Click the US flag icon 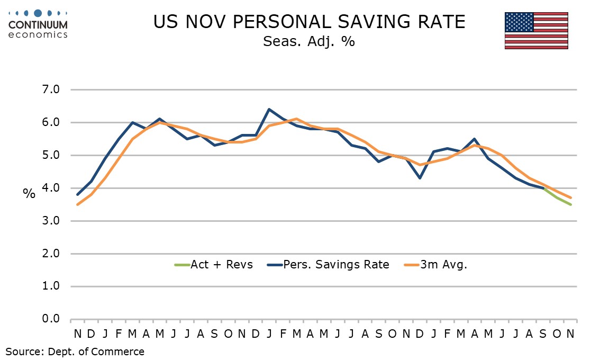(536, 30)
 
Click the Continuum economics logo (38, 24)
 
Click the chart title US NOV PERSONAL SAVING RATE (309, 22)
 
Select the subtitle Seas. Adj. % (309, 41)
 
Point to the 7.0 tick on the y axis (51, 90)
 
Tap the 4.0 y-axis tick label (51, 188)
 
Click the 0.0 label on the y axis (51, 319)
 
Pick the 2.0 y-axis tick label (51, 254)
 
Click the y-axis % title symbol (29, 193)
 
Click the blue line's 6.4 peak (269, 110)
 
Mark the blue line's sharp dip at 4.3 (420, 178)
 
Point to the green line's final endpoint (570, 204)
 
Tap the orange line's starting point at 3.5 (78, 204)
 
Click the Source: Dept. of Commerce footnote (75, 351)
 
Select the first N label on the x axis (78, 334)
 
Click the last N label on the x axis (570, 334)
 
